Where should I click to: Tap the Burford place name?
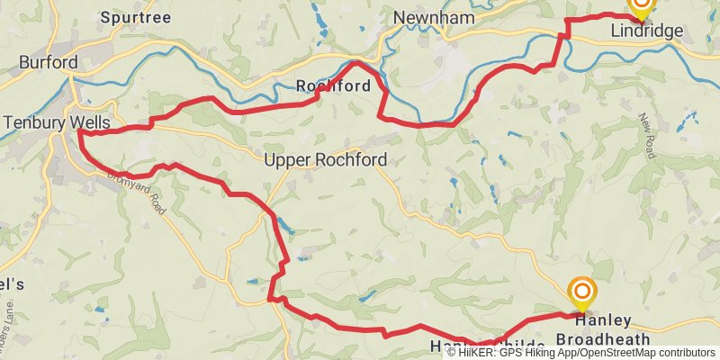(x=49, y=62)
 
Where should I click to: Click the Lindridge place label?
(x=646, y=31)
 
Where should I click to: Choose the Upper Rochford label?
(x=326, y=160)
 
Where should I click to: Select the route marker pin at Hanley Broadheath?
(x=583, y=292)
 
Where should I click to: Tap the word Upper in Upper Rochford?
(x=285, y=160)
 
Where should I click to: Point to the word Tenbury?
(x=34, y=121)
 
